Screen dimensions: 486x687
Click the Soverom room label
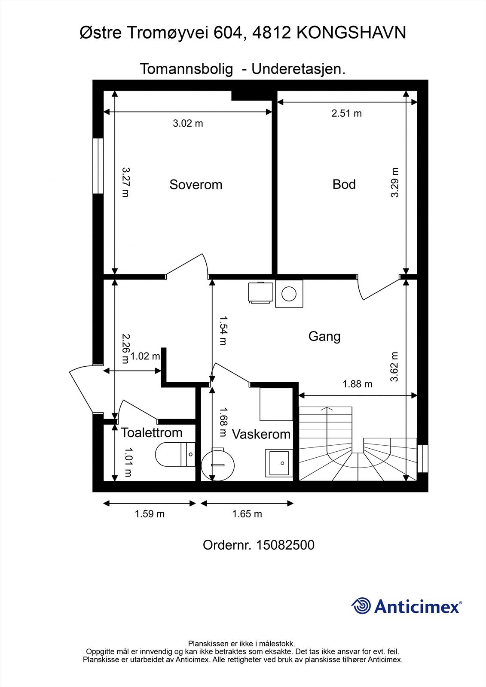click(x=196, y=185)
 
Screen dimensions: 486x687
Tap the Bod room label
click(x=344, y=184)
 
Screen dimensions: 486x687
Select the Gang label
click(x=324, y=337)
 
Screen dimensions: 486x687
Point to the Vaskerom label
click(x=261, y=434)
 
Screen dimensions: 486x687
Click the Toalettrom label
click(x=152, y=432)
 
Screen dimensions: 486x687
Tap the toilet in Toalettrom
click(x=175, y=454)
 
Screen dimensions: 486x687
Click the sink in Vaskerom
click(x=279, y=463)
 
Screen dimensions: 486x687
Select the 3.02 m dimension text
click(x=188, y=123)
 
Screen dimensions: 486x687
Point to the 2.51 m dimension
click(x=347, y=113)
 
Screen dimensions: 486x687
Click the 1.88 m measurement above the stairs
click(x=358, y=384)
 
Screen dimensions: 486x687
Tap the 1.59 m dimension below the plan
click(x=150, y=514)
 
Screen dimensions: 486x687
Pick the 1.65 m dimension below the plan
click(x=247, y=514)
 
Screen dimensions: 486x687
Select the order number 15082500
click(x=285, y=545)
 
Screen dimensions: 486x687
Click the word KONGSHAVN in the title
click(x=351, y=33)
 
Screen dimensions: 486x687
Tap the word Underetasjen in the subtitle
click(x=298, y=69)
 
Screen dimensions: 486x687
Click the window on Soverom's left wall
click(x=98, y=166)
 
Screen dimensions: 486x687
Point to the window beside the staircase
click(x=423, y=459)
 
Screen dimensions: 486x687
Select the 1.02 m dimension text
click(x=145, y=356)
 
